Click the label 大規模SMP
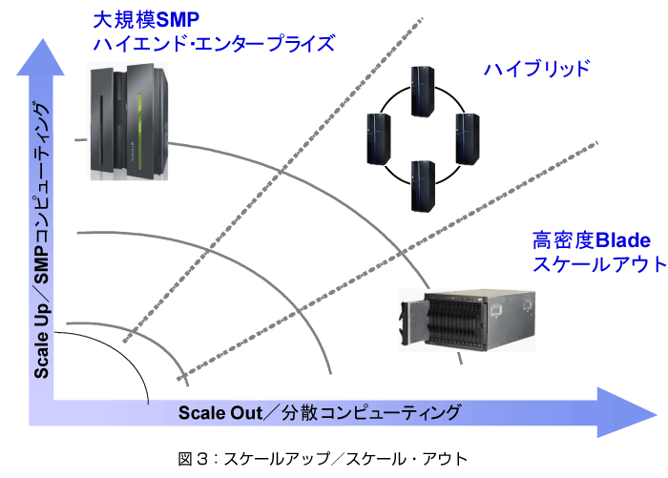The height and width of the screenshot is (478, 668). click(146, 20)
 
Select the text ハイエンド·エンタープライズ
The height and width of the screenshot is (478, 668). click(214, 44)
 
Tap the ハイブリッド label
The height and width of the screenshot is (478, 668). click(536, 69)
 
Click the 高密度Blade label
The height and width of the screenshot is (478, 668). click(592, 240)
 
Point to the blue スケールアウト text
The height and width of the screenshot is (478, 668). click(599, 263)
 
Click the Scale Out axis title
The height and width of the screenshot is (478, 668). click(320, 412)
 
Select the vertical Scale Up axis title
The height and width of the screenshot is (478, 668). click(41, 239)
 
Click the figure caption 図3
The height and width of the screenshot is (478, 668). click(323, 459)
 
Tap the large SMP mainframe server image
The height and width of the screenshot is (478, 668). click(128, 122)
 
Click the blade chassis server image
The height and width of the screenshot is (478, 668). click(467, 321)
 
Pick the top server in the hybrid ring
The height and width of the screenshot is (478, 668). click(423, 92)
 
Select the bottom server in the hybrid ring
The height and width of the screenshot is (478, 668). click(423, 186)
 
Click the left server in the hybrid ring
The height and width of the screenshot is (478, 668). click(379, 139)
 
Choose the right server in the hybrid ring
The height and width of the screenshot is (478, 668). click(468, 139)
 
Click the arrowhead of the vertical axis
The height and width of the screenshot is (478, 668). click(41, 57)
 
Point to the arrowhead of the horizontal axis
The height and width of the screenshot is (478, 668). click(627, 412)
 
